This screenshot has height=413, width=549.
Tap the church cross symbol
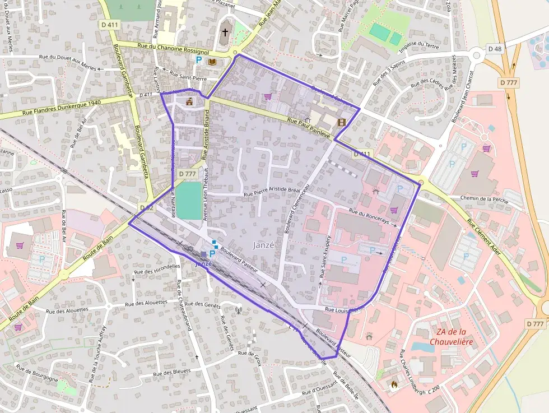click(x=225, y=33)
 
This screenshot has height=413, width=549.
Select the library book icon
click(x=212, y=62)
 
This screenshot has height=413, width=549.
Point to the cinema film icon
click(x=341, y=122)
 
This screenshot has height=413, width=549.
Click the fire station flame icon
click(x=394, y=385)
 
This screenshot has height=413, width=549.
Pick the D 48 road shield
click(x=495, y=49)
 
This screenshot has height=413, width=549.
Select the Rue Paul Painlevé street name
click(x=308, y=126)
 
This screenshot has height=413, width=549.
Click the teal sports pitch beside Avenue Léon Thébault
click(x=190, y=201)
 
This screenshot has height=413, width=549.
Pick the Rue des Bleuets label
click(x=171, y=372)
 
